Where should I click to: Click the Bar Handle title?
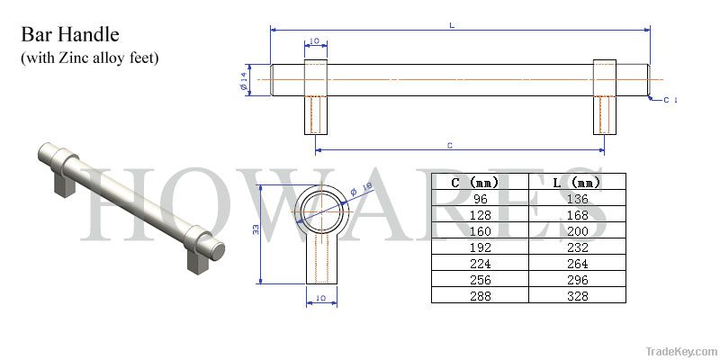pyautogui.click(x=70, y=35)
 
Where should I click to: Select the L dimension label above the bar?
pyautogui.click(x=453, y=25)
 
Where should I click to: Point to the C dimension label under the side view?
pyautogui.click(x=450, y=145)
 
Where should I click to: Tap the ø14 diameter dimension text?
pyautogui.click(x=244, y=81)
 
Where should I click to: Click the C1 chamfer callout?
pyautogui.click(x=670, y=100)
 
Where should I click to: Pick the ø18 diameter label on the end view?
pyautogui.click(x=362, y=190)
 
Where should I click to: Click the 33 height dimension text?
pyautogui.click(x=256, y=229)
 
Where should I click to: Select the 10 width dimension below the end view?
pyautogui.click(x=321, y=298)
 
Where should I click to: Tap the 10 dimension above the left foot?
pyautogui.click(x=314, y=40)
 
